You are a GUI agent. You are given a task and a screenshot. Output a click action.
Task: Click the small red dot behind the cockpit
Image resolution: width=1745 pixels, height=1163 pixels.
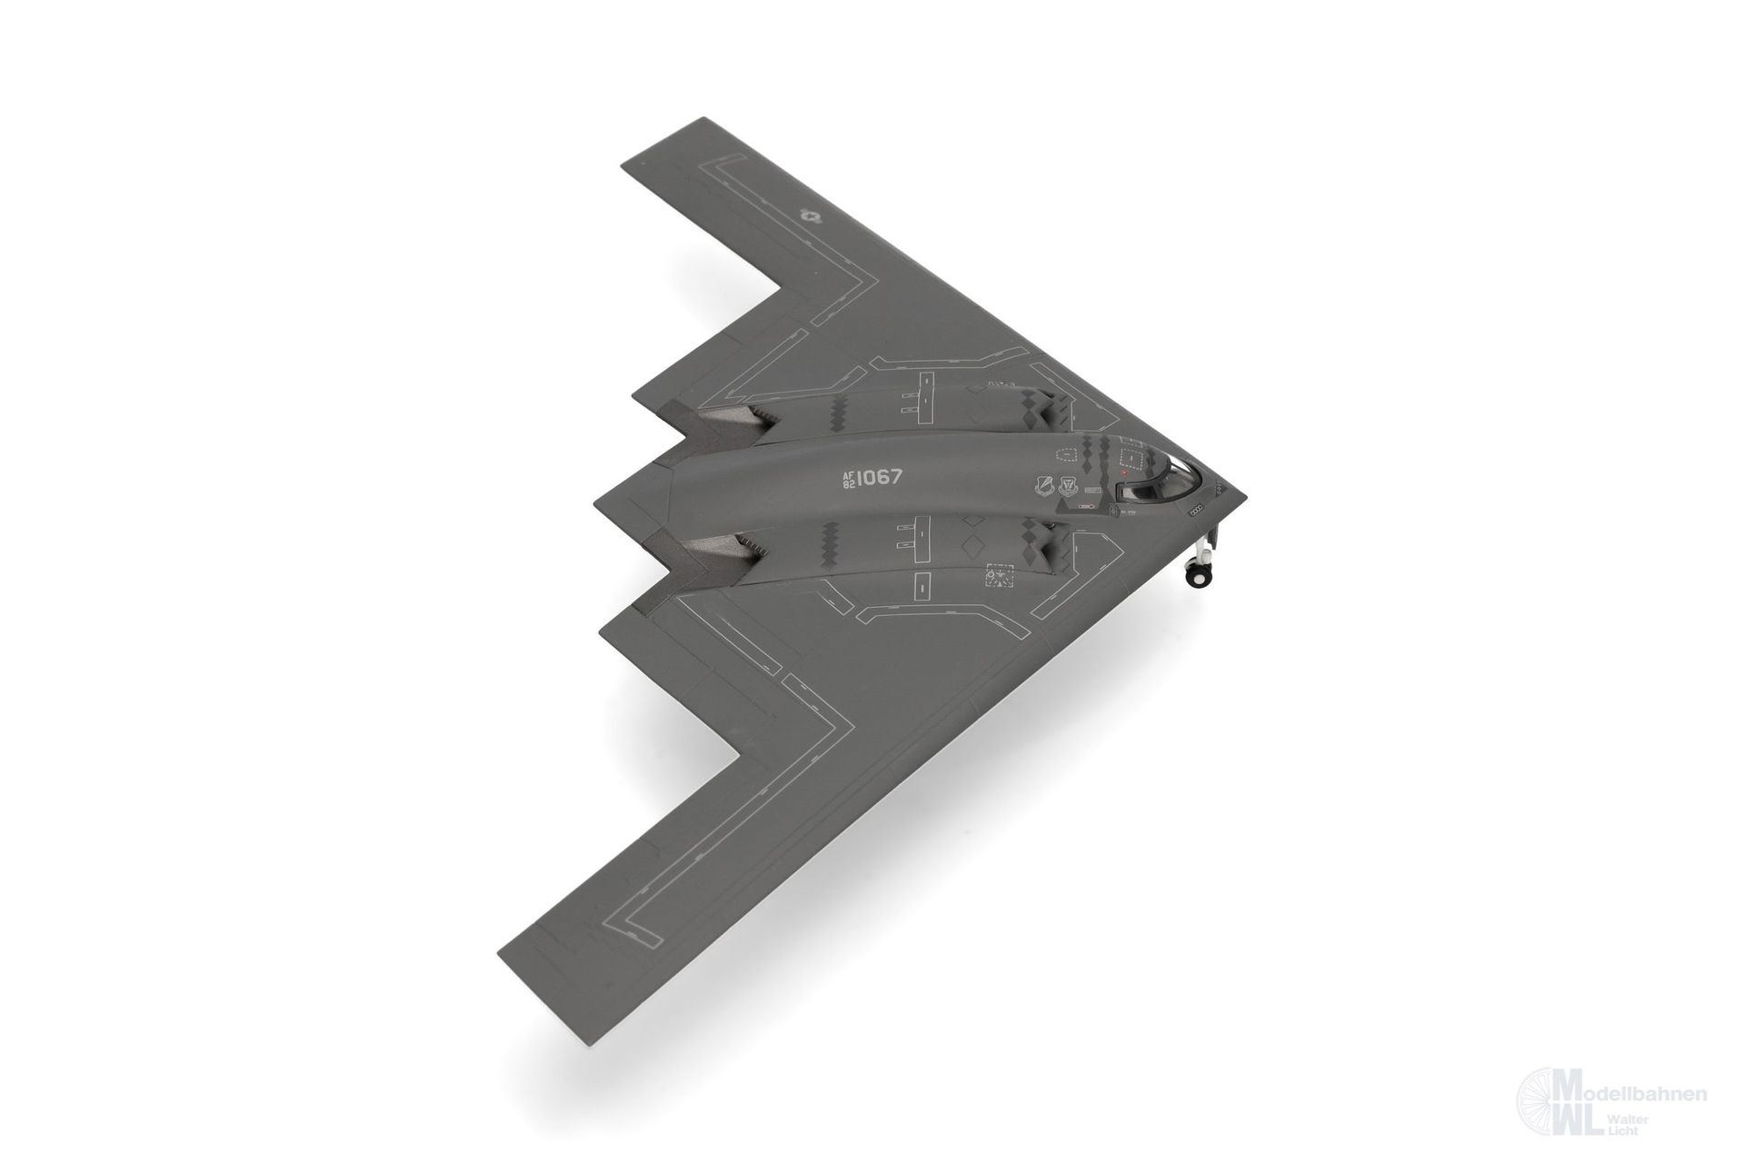tap(1124, 473)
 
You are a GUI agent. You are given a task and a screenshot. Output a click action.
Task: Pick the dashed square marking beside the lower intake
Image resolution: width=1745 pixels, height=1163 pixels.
tap(998, 577)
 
